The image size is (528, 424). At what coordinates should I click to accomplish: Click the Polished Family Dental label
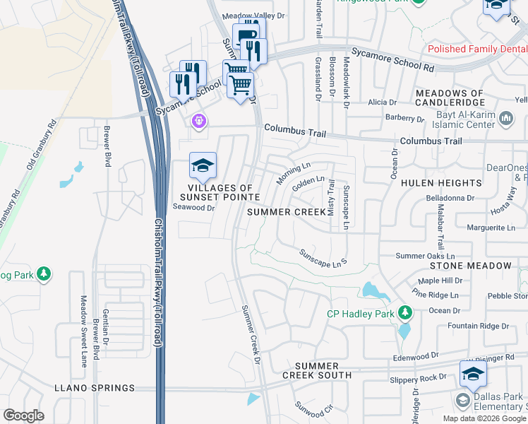pyautogui.click(x=476, y=49)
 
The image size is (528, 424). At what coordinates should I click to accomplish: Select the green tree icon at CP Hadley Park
pyautogui.click(x=405, y=312)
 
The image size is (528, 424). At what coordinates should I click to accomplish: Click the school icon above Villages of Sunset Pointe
pyautogui.click(x=203, y=167)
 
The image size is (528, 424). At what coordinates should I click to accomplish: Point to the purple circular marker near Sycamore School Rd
pyautogui.click(x=199, y=122)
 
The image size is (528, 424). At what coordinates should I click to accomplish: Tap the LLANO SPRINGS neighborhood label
pyautogui.click(x=94, y=388)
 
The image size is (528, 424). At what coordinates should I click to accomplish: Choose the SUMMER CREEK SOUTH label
pyautogui.click(x=323, y=370)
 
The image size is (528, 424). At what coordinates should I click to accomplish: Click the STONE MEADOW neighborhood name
pyautogui.click(x=470, y=266)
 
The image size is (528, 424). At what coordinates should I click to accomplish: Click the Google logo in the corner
pyautogui.click(x=24, y=415)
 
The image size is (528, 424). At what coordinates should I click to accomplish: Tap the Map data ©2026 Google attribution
pyautogui.click(x=484, y=418)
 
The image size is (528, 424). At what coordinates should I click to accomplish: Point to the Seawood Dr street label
pyautogui.click(x=193, y=208)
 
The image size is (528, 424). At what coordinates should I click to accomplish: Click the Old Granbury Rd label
pyautogui.click(x=41, y=147)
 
